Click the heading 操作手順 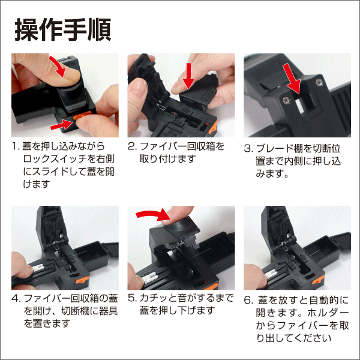(63, 30)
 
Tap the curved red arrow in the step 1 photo (58, 65)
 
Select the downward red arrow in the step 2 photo (189, 76)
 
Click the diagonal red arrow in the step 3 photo (292, 78)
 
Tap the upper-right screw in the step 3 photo (319, 82)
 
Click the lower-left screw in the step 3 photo (286, 100)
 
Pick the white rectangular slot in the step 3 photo (300, 106)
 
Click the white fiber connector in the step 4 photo (38, 268)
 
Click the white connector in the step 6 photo (271, 274)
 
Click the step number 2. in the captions (132, 146)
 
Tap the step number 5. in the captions (133, 298)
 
